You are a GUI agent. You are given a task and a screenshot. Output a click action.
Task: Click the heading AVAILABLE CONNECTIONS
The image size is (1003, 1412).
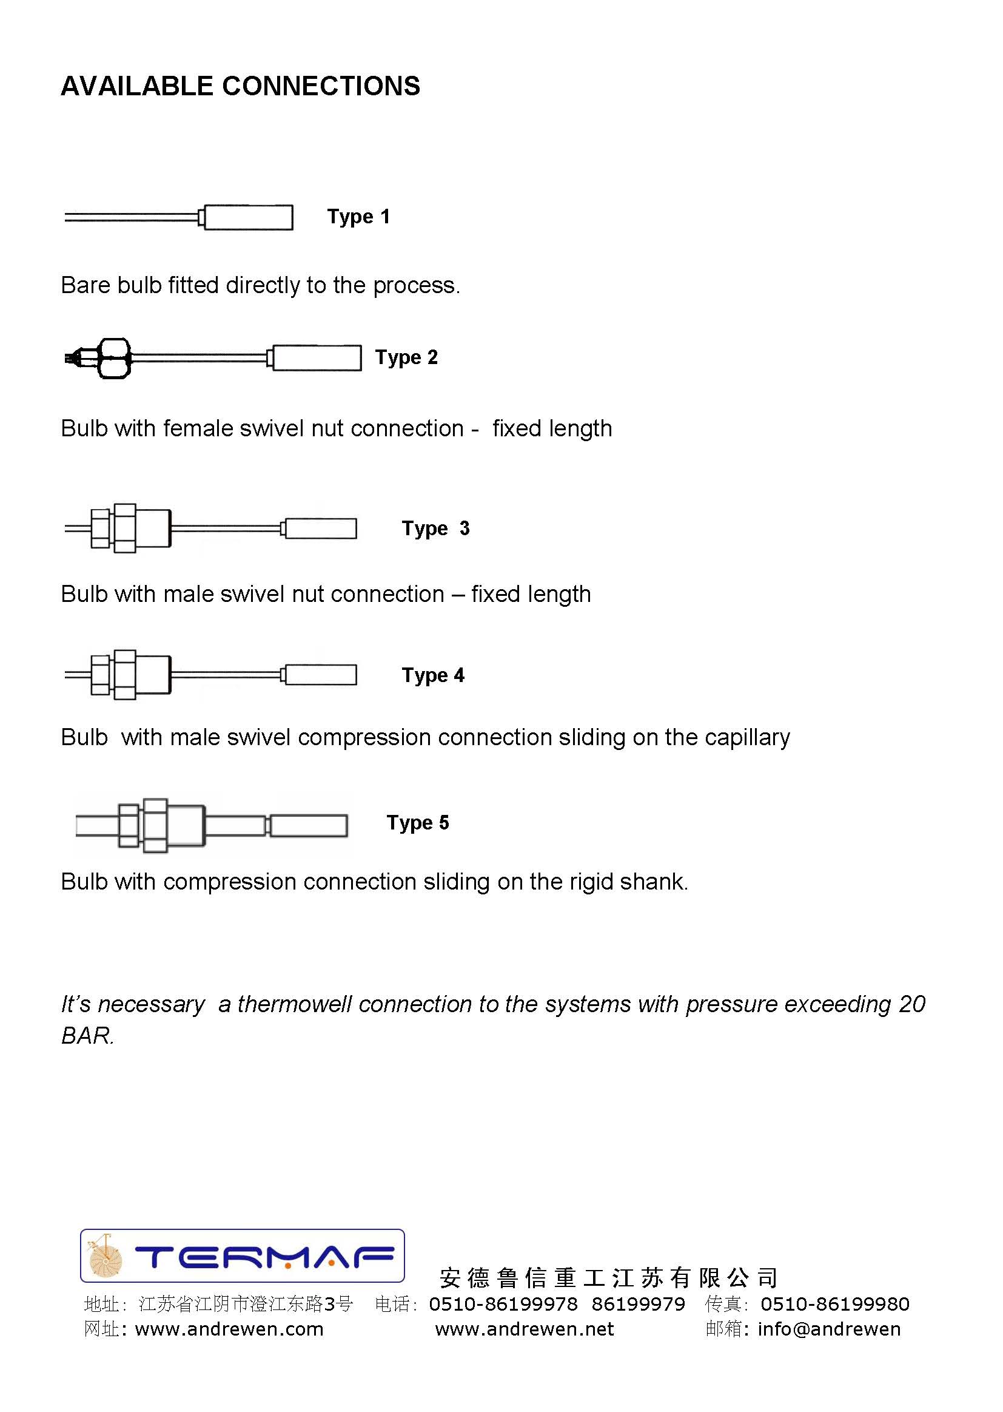(240, 87)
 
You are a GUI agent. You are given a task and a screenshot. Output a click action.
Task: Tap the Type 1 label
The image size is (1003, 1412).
(358, 217)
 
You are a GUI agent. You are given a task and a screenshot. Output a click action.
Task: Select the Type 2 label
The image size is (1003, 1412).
(406, 357)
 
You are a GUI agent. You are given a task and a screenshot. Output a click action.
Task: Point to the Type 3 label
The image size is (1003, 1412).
(435, 529)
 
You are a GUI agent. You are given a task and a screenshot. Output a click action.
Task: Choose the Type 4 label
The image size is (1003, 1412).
(433, 675)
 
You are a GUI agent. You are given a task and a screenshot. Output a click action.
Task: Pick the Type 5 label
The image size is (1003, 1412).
(417, 822)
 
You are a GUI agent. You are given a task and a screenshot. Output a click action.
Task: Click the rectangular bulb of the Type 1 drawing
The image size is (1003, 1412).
(248, 217)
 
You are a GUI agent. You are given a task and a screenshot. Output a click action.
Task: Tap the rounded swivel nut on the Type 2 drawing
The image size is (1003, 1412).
(115, 358)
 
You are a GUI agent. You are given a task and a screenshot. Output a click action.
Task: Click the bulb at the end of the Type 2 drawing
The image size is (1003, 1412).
(317, 358)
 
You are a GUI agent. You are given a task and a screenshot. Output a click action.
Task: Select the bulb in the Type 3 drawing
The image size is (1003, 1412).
(321, 529)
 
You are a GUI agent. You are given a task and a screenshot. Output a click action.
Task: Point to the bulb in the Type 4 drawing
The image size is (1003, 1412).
(321, 675)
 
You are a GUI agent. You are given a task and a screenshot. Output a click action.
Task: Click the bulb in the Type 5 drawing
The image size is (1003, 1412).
(309, 826)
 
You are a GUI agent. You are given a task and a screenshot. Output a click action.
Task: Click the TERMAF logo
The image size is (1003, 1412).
(242, 1255)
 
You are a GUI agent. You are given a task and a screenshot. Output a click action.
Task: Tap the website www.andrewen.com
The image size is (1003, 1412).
(229, 1329)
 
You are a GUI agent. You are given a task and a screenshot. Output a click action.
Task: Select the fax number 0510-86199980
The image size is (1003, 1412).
(834, 1304)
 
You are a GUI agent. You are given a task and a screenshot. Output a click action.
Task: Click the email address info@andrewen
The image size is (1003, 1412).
(829, 1329)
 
